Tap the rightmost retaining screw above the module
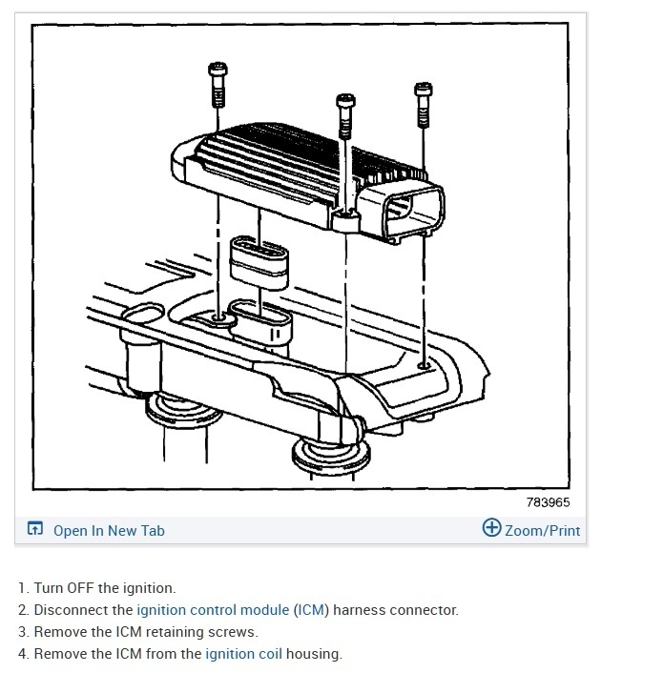tap(424, 104)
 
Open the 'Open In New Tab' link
tap(109, 531)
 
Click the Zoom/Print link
tap(542, 531)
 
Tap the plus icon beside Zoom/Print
tap(491, 529)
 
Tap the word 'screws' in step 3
tap(236, 632)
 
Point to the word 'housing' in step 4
tap(311, 654)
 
